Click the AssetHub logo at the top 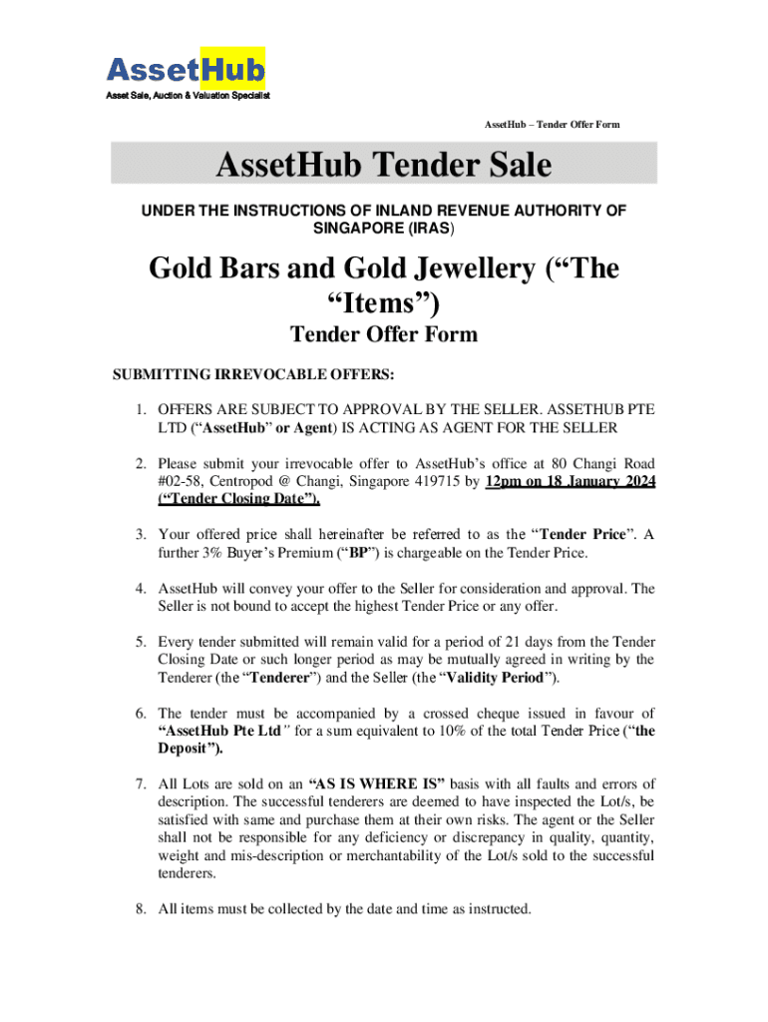coord(186,69)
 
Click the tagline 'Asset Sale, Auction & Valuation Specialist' coord(189,96)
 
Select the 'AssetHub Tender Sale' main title coord(384,164)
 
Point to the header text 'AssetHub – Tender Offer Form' coord(552,124)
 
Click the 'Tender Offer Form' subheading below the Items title coord(384,333)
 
